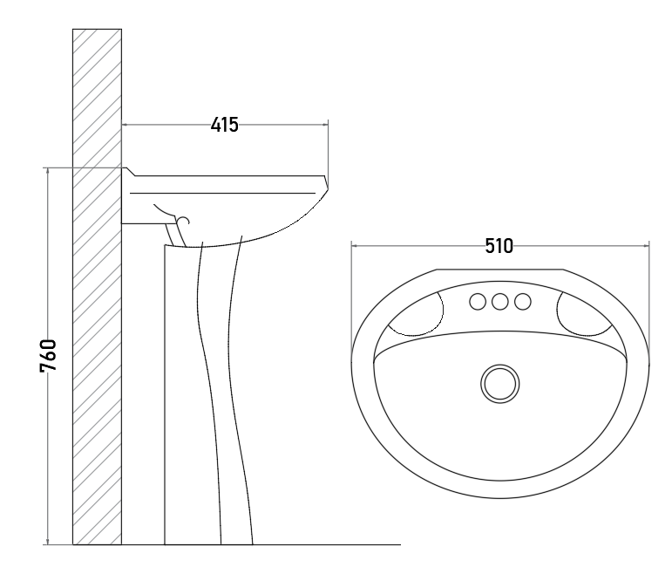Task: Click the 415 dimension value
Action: (225, 125)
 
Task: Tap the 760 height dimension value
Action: (48, 356)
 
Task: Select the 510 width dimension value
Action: (499, 246)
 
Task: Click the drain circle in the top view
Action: (500, 384)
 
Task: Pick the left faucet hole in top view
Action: (478, 302)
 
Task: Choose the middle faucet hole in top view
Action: (499, 302)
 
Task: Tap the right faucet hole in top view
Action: (522, 302)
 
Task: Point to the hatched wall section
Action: (98, 287)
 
